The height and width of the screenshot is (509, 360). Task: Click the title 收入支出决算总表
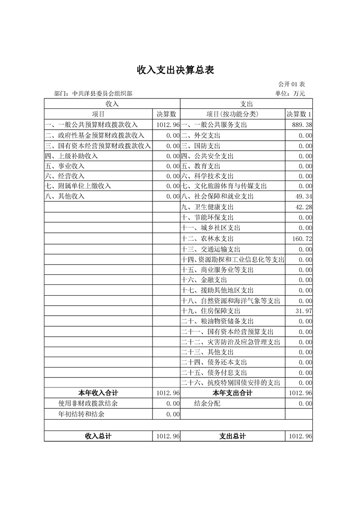click(175, 70)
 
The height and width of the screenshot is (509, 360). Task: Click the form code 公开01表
click(291, 84)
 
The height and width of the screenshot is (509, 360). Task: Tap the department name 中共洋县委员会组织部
click(99, 94)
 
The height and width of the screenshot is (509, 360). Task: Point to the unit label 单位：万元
click(290, 94)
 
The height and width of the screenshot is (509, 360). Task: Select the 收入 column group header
click(112, 104)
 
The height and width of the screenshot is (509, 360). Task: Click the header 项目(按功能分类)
click(232, 114)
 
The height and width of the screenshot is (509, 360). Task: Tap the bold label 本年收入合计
click(99, 393)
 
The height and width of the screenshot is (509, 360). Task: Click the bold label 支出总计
click(232, 436)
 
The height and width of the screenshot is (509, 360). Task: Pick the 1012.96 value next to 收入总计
click(168, 436)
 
